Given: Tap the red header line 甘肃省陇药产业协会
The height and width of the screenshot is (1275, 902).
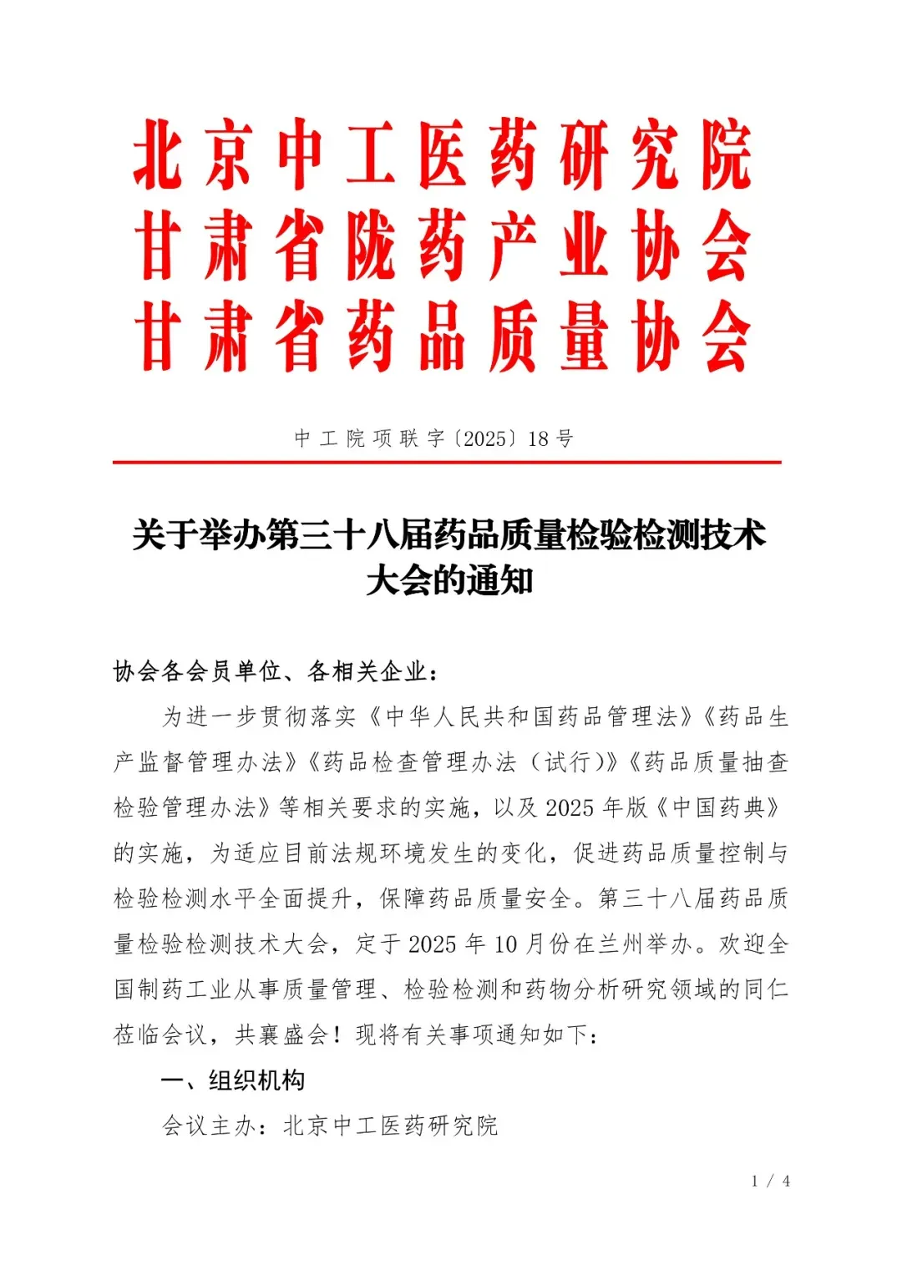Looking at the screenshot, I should (443, 247).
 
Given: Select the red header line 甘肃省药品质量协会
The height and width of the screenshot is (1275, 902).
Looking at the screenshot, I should (443, 337).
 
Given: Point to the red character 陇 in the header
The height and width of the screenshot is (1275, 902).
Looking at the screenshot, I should (372, 247).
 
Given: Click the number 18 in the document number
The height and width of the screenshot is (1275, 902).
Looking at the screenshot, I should (539, 439).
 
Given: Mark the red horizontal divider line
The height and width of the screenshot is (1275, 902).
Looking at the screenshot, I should (447, 462).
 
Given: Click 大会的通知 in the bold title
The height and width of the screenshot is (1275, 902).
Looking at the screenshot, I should (449, 581).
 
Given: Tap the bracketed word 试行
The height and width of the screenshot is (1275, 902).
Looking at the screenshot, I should (568, 762).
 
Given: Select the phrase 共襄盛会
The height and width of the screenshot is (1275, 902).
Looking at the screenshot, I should (281, 1035).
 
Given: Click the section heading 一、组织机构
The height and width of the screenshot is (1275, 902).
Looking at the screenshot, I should (233, 1080).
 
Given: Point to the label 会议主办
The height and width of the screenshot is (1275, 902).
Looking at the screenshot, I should (209, 1126).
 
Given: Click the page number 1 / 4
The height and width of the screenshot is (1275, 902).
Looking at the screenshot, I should (770, 1181).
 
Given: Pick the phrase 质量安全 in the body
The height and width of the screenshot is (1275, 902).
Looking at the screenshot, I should (524, 899).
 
